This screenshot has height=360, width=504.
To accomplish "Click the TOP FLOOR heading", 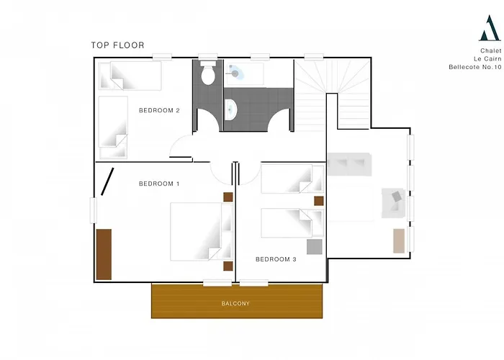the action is [x=117, y=45].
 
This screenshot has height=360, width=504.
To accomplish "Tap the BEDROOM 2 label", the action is [x=159, y=111].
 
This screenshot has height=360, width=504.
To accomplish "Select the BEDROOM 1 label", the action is [x=159, y=184].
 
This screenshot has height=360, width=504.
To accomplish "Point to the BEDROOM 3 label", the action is [x=276, y=259].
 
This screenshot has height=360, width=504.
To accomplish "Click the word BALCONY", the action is [x=235, y=303].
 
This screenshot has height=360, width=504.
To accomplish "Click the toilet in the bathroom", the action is [x=207, y=73].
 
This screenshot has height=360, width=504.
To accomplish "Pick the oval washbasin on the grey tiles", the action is [x=231, y=109].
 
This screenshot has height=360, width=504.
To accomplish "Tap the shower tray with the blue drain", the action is [x=244, y=74].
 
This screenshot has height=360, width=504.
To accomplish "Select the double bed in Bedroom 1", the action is [x=202, y=231].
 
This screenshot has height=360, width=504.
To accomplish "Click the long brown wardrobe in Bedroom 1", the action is [x=104, y=254].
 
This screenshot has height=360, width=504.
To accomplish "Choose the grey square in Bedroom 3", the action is [x=315, y=246].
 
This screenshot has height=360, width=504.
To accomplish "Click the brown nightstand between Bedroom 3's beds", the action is [x=319, y=201].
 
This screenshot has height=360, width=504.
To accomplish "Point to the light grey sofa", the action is [x=349, y=164].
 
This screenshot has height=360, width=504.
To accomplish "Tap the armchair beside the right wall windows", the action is [x=393, y=203].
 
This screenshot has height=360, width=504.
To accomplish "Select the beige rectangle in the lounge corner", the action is [x=399, y=240].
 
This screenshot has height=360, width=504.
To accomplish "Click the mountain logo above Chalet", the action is [x=490, y=28].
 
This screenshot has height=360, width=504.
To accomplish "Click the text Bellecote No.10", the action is [x=475, y=67].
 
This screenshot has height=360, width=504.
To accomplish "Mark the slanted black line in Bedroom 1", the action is [x=107, y=181].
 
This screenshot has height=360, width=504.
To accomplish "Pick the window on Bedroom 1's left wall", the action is [x=93, y=210].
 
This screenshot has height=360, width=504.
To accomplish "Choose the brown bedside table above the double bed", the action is [x=228, y=197].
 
